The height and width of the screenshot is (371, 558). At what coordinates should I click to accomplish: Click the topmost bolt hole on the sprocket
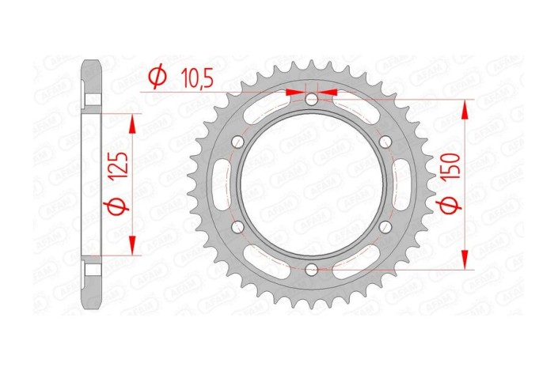click(312, 99)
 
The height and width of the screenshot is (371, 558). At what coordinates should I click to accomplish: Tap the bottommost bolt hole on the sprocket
click(312, 270)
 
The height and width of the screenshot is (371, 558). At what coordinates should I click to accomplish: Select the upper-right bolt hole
click(385, 142)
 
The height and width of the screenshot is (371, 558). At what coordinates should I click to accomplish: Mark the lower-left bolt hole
click(237, 227)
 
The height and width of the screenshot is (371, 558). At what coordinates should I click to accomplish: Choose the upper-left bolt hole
click(237, 142)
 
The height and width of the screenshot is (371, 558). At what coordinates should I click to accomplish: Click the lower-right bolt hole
click(385, 227)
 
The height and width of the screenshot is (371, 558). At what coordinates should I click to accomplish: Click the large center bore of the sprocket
click(312, 184)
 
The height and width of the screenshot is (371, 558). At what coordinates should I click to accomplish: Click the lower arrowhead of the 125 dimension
click(131, 248)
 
